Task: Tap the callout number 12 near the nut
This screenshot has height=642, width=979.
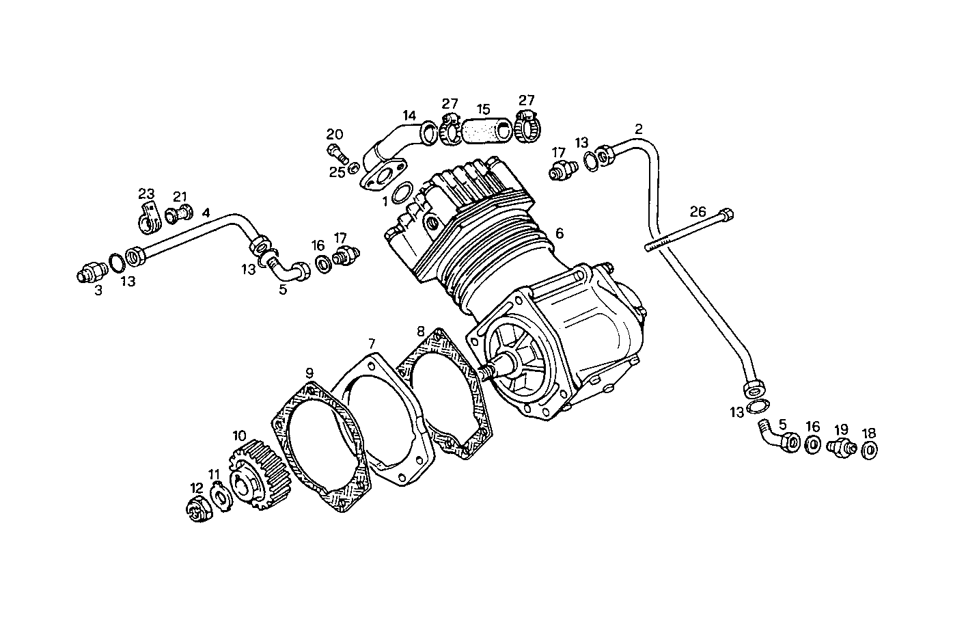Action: (197, 488)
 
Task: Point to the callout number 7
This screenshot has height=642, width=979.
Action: (372, 343)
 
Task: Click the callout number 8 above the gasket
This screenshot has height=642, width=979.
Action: (421, 332)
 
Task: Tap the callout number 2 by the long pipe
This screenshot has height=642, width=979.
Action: (638, 129)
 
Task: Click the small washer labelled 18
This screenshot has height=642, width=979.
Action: (870, 451)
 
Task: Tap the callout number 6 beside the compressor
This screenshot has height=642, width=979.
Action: (560, 234)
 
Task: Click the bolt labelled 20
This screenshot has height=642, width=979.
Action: (337, 153)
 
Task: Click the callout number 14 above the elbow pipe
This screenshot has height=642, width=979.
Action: (409, 116)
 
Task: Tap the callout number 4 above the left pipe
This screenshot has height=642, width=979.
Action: (206, 213)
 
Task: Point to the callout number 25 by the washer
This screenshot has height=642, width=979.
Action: (337, 172)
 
